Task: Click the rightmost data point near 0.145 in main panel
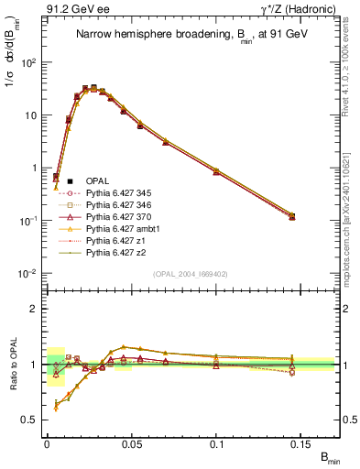coord(292,216)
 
